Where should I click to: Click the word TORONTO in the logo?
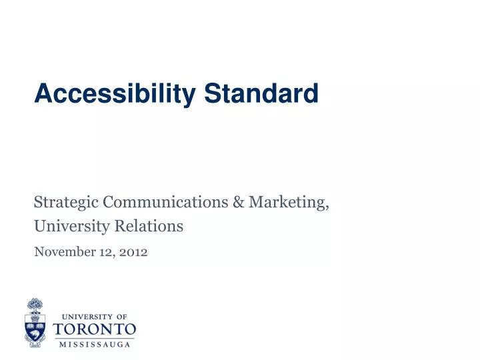[x=94, y=329]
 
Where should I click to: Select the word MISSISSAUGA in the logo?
[x=94, y=344]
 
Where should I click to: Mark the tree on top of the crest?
[x=35, y=306]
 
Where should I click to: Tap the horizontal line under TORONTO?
[x=94, y=337]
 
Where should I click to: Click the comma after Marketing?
[x=328, y=206]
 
